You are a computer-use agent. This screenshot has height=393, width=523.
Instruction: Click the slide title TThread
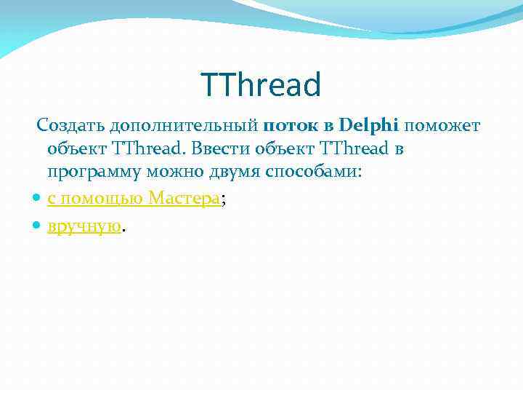pos(261,85)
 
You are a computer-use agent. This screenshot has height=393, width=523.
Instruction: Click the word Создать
pos(70,126)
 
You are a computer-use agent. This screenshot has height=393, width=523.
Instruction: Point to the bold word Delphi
pos(368,126)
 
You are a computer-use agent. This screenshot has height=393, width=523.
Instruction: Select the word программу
pos(94,173)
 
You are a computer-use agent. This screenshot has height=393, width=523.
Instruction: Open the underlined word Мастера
pos(183,198)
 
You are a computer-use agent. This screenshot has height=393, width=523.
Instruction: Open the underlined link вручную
pos(84,226)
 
